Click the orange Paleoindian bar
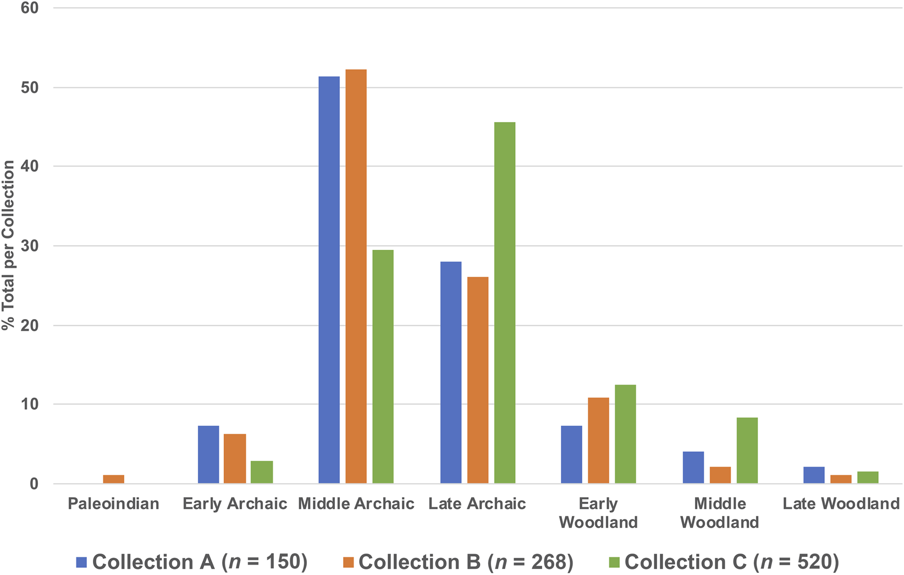113,479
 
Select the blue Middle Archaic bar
329,280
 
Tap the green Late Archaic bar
505,303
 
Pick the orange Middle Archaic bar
356,277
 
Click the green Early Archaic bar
262,472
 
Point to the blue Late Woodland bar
814,475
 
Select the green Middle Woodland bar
747,451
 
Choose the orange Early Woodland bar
598,441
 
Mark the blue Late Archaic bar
451,373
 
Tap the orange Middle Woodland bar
720,475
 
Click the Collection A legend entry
192,562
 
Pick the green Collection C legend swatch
614,562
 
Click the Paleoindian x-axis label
113,503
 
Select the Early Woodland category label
598,513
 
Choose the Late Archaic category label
477,503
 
